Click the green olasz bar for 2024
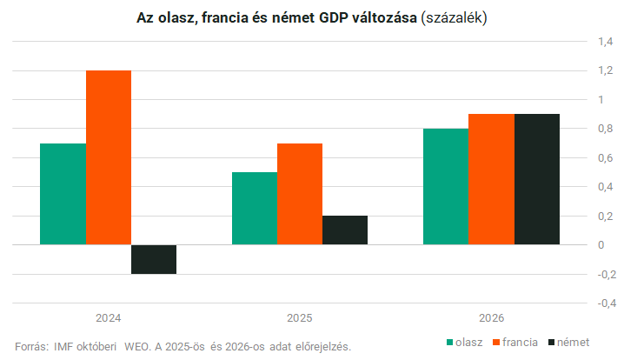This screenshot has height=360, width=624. [63, 194]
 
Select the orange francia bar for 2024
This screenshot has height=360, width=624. [109, 157]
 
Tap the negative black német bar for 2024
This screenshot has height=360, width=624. [154, 259]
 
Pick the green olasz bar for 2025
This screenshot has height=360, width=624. [255, 209]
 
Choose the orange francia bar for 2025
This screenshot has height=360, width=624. [300, 194]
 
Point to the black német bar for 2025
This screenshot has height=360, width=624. [345, 230]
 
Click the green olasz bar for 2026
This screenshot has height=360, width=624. [446, 187]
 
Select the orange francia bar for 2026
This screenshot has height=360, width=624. [491, 179]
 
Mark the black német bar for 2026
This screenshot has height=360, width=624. [536, 179]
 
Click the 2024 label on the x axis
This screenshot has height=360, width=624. [109, 318]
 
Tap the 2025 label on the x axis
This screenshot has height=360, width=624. [300, 318]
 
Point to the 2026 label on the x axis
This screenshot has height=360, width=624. [491, 318]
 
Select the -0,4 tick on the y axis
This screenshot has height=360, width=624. [602, 303]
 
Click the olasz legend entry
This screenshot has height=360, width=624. [464, 342]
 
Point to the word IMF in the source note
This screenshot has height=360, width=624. [63, 346]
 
